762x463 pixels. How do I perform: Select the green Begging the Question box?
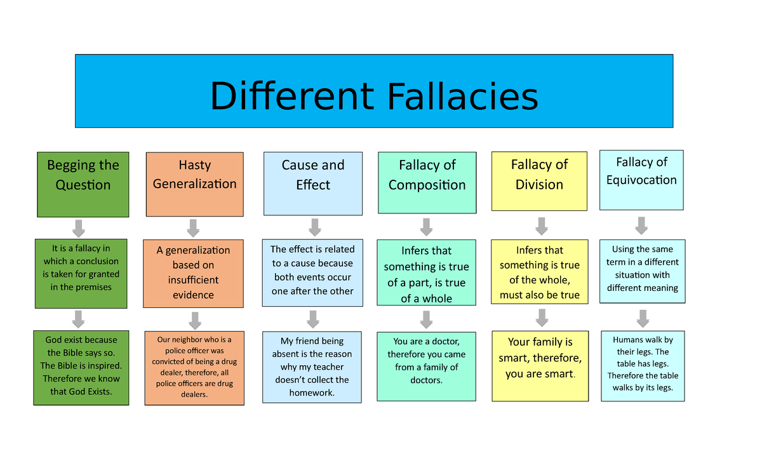(x=83, y=184)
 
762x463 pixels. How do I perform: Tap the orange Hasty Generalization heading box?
(x=194, y=184)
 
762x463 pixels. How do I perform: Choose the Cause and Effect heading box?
(x=313, y=184)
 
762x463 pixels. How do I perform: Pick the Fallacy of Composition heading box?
(x=427, y=182)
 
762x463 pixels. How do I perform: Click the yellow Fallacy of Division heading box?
(x=539, y=181)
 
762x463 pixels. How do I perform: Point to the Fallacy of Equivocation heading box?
(x=641, y=180)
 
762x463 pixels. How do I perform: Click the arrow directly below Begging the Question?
(x=79, y=227)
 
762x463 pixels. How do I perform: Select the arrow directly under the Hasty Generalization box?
(x=194, y=228)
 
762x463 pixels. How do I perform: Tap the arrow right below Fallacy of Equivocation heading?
(x=641, y=225)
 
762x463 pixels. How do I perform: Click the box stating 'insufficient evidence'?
(x=193, y=273)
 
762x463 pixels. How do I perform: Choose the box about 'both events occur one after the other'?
(x=312, y=270)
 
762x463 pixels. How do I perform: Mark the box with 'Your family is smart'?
(x=540, y=366)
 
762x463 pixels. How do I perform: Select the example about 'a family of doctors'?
(x=426, y=366)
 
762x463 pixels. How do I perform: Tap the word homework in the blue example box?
(x=312, y=393)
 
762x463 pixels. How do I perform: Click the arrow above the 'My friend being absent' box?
(x=312, y=318)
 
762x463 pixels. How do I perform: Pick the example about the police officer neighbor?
(x=194, y=368)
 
